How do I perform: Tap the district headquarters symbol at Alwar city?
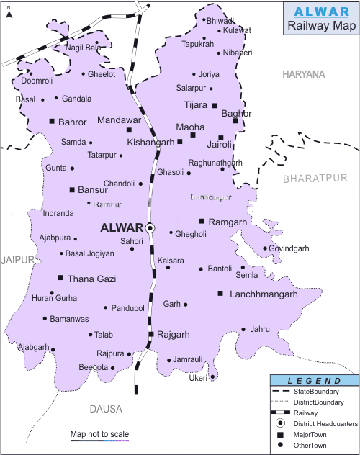click(150, 227)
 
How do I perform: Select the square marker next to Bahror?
click(52, 121)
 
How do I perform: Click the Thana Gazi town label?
click(91, 278)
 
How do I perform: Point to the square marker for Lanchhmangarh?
click(220, 294)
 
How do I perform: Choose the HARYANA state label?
click(304, 74)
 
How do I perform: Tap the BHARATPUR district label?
click(315, 177)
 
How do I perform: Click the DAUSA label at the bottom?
click(106, 409)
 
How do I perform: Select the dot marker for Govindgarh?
click(265, 249)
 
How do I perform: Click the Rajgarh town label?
click(174, 335)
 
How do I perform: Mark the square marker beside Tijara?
click(215, 106)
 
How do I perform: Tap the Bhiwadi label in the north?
click(220, 21)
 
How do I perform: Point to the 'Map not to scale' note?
click(99, 434)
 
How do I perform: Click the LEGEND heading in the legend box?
click(314, 380)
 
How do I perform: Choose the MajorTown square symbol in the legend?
click(279, 436)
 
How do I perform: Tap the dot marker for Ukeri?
click(212, 377)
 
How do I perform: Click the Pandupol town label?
click(128, 308)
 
